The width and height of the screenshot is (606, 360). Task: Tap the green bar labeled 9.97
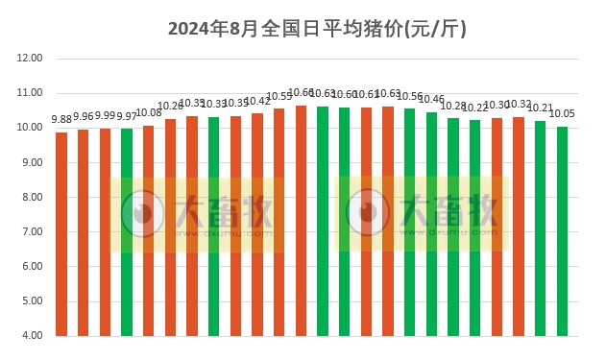click(127, 231)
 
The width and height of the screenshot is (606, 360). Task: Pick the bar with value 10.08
click(149, 230)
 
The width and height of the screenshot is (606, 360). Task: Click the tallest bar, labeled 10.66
click(302, 220)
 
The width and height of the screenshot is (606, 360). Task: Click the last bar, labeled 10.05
click(563, 230)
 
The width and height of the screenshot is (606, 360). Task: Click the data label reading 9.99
click(105, 116)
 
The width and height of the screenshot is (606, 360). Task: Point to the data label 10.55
click(279, 96)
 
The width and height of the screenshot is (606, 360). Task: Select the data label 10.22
click(475, 108)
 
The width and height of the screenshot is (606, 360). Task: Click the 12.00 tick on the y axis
click(31, 59)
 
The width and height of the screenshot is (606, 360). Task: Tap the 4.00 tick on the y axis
click(31, 336)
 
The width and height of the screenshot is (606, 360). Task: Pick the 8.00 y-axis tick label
click(31, 197)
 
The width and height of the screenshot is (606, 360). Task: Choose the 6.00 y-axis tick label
click(31, 267)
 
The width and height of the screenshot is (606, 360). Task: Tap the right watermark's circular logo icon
click(366, 213)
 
